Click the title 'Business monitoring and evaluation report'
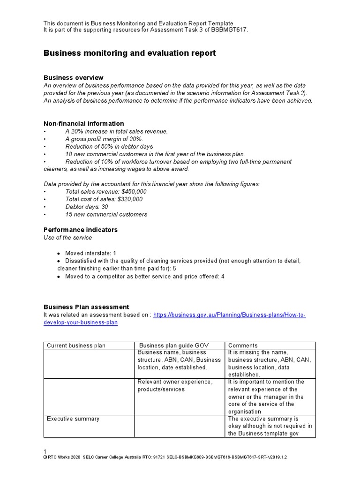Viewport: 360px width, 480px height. point(129,53)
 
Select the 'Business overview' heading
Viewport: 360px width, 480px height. point(73,77)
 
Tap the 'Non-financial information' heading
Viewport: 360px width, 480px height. point(83,124)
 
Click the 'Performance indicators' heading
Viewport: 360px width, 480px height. point(80,230)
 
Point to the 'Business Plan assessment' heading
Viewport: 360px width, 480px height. point(86,307)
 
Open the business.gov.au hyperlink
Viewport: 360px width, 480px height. point(229,315)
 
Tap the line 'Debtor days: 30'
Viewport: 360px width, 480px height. point(86,207)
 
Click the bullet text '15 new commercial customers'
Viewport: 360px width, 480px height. point(106,214)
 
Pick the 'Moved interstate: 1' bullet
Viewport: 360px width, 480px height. point(90,253)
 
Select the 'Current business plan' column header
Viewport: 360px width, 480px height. point(76,345)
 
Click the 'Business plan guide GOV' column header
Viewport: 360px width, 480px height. point(173,345)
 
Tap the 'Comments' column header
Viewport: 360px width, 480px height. point(243,345)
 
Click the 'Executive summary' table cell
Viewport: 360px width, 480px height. point(73,419)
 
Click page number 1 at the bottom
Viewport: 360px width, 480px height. point(45,451)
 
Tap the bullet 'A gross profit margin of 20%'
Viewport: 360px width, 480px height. point(104,139)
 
